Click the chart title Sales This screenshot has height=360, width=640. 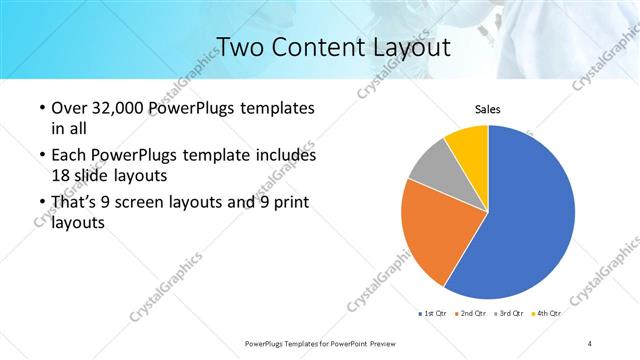click(487, 109)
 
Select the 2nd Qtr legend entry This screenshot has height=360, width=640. click(473, 314)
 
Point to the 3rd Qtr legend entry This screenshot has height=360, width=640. click(511, 314)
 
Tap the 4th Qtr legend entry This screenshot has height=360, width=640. click(548, 314)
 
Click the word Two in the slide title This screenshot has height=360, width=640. click(237, 46)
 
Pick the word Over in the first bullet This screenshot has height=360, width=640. click(68, 108)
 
